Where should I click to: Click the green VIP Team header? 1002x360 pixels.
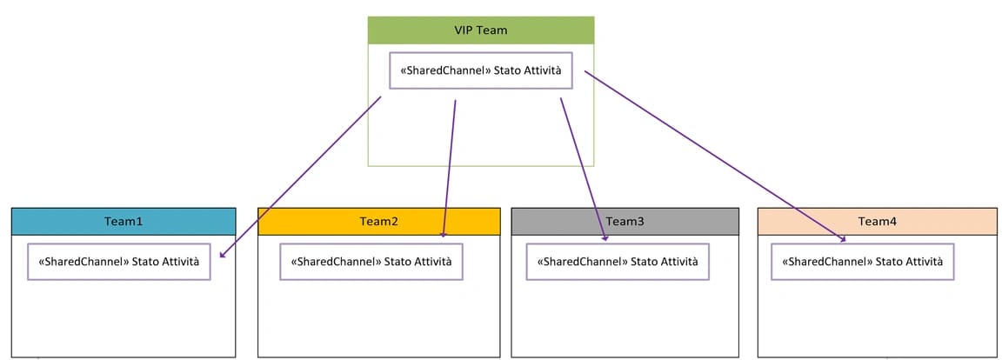tap(480, 30)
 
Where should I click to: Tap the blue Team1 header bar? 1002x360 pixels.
tap(124, 221)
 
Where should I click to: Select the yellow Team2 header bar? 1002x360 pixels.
tap(379, 221)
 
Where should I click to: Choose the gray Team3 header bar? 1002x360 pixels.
tap(625, 221)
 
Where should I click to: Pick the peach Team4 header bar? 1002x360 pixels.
tap(877, 221)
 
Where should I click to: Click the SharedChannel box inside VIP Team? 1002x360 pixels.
tap(480, 70)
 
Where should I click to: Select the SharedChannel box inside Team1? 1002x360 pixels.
tap(119, 262)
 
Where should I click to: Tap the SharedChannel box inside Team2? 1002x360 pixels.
tap(371, 262)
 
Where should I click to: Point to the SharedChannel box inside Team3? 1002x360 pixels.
tap(617, 262)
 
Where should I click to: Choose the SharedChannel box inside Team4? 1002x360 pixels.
tap(863, 262)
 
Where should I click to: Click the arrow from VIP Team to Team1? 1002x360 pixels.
tap(300, 177)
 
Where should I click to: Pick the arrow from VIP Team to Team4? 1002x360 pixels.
tap(713, 156)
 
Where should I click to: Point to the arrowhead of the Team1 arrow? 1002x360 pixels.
tap(224, 255)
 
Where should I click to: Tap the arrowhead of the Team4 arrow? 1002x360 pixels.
tap(841, 238)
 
